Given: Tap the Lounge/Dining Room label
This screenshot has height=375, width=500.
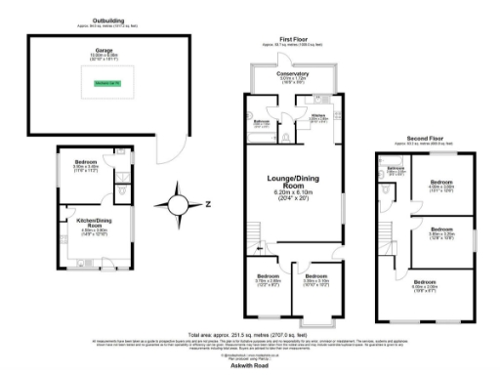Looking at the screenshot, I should pyautogui.click(x=294, y=181).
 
